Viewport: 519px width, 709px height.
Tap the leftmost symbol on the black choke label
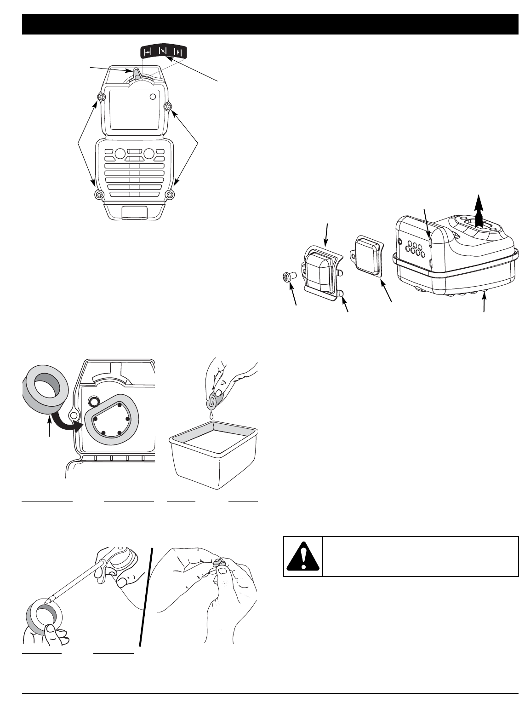148,52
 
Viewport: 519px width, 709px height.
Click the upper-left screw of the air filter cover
102,97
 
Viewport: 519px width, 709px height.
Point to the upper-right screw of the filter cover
168,107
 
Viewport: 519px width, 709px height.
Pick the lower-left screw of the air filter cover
98,195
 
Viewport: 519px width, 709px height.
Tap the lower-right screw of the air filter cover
171,195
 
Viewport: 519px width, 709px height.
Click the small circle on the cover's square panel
153,97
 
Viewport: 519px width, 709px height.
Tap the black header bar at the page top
270,24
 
